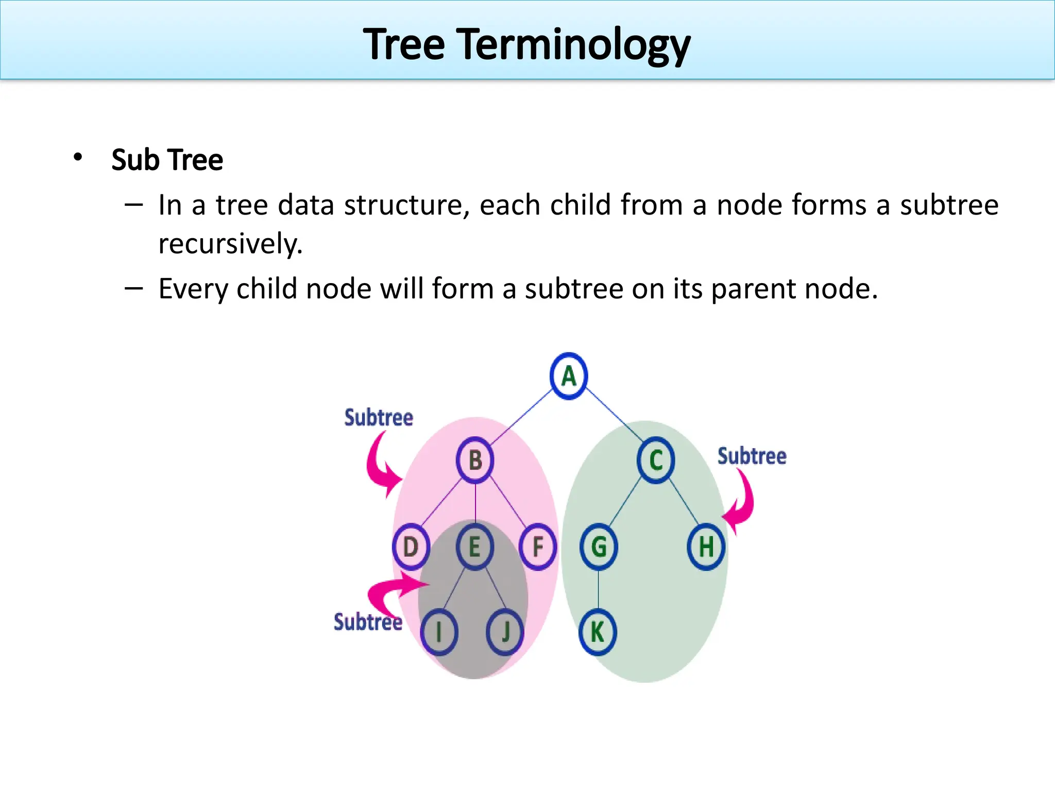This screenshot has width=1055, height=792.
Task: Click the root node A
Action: pos(568,376)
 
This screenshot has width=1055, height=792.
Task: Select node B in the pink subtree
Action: pos(475,460)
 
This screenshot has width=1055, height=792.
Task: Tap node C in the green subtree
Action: pos(656,460)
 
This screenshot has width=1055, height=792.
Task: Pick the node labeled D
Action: pos(411,547)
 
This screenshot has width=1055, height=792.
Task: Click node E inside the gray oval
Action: pos(474,547)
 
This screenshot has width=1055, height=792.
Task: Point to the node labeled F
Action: pos(538,547)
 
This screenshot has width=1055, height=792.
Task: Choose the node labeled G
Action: pos(599,547)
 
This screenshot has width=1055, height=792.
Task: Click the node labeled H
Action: pos(706,547)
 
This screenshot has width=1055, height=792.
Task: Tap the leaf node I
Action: pos(439,632)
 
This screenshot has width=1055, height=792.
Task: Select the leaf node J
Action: pos(505,632)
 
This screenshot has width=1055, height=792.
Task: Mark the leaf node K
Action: pos(598,632)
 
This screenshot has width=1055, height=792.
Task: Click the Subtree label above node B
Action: pos(379,418)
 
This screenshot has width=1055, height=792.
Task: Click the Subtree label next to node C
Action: pos(752,456)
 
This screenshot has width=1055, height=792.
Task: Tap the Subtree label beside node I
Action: pos(367,622)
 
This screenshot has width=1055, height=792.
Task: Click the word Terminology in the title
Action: pos(575,45)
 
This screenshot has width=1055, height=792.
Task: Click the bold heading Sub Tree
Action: pos(167,160)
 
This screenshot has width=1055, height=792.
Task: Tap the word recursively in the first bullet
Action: pos(230,243)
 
